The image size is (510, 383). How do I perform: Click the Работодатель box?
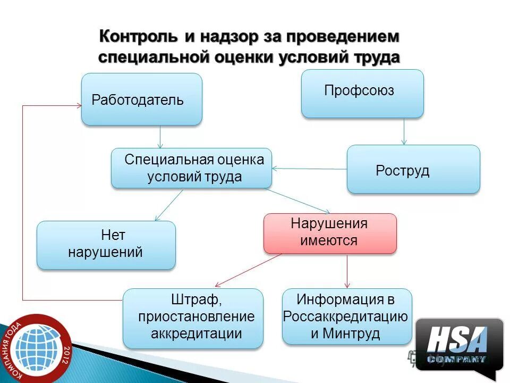pos(141,99)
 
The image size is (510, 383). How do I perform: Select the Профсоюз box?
pos(362,93)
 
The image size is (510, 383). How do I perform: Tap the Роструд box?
pos(413,169)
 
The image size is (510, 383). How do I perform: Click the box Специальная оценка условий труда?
pos(191,168)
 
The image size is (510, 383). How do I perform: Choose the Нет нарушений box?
pos(106,245)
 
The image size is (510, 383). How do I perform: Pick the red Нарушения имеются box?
pos(330,233)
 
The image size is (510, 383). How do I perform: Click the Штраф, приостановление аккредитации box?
pos(193,318)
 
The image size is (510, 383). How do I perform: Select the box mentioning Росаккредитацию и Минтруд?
pos(346,317)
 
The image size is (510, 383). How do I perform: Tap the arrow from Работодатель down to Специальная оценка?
pos(160,137)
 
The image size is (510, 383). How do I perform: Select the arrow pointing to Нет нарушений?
pos(168,205)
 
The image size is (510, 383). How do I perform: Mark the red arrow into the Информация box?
pos(347,271)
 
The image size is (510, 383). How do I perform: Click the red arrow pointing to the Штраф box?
pos(247,270)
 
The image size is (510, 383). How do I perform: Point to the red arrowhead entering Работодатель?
pos(77,106)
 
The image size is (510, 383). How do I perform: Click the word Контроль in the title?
pos(139,37)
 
